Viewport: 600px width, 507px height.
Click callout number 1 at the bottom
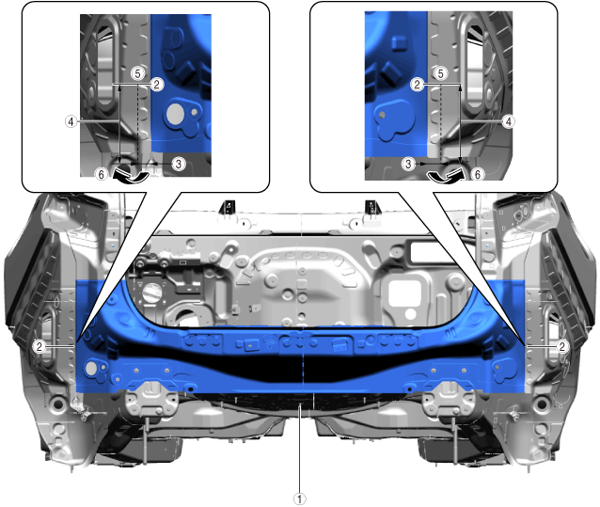coord(300,499)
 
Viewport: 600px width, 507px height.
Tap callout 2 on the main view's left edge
coord(39,347)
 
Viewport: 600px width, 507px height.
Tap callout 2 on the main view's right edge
coord(561,347)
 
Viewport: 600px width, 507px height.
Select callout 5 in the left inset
coord(137,73)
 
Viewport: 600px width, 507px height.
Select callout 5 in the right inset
coord(441,73)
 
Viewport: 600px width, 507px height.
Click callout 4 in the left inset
coord(71,121)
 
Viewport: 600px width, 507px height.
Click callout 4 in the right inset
coord(508,121)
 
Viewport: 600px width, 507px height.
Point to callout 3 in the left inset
coord(179,164)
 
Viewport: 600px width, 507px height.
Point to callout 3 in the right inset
coord(408,164)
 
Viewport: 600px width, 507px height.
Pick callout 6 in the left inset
coord(101,174)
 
